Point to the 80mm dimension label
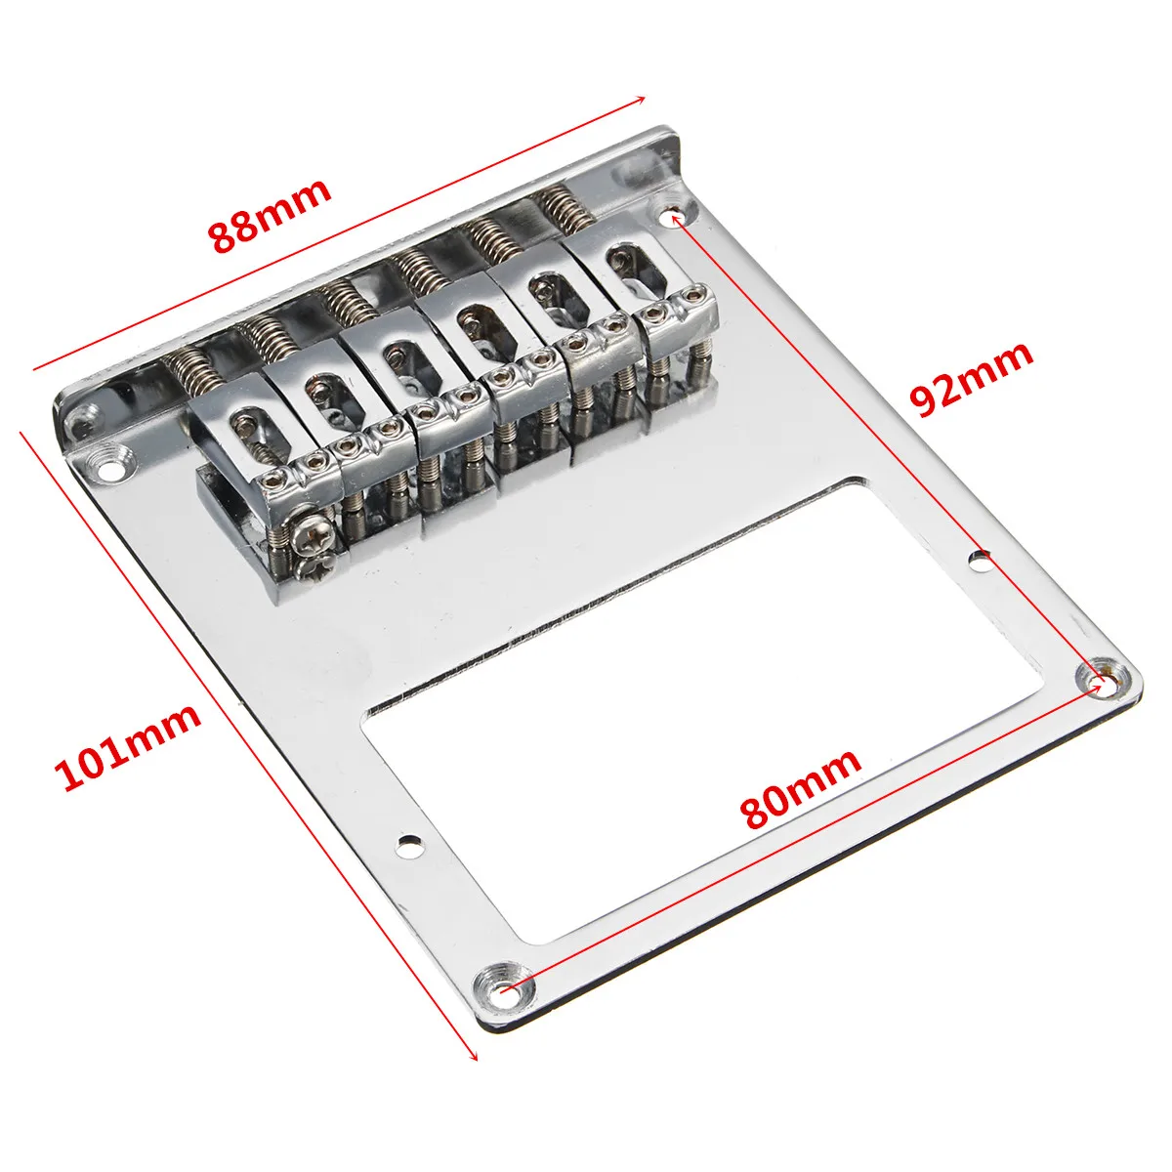pyautogui.click(x=801, y=786)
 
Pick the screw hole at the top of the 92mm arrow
pyautogui.click(x=673, y=212)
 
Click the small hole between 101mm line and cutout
pyautogui.click(x=408, y=843)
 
